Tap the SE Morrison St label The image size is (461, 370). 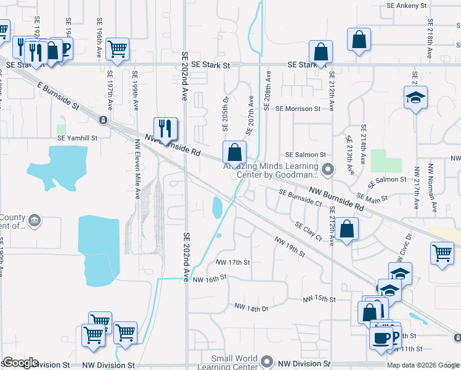tap(298, 109)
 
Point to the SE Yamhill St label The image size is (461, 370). tap(78, 139)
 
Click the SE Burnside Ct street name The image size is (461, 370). tap(300, 197)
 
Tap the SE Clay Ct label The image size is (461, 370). tap(309, 232)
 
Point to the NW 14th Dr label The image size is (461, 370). tap(251, 307)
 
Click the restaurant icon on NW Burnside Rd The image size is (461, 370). tap(165, 128)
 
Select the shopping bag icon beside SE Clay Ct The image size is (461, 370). tap(348, 229)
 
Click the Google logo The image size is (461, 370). tap(20, 363)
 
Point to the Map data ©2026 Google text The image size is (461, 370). tap(423, 365)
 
